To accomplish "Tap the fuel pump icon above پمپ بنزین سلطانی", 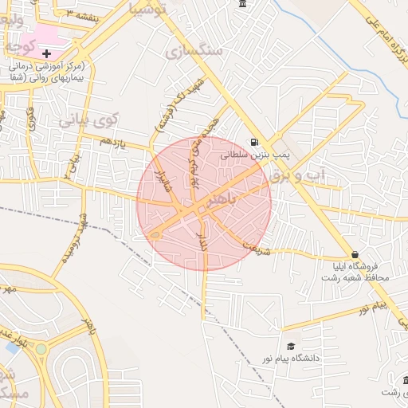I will click(x=254, y=143).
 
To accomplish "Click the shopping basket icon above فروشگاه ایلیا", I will click(x=355, y=254).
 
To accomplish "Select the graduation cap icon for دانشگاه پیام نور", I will click(x=291, y=346).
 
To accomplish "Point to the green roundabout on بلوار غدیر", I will click(x=41, y=349).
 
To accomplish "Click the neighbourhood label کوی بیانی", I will click(x=88, y=120).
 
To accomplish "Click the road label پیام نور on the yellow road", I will click(x=371, y=305).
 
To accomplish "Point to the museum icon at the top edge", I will click(x=242, y=5).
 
